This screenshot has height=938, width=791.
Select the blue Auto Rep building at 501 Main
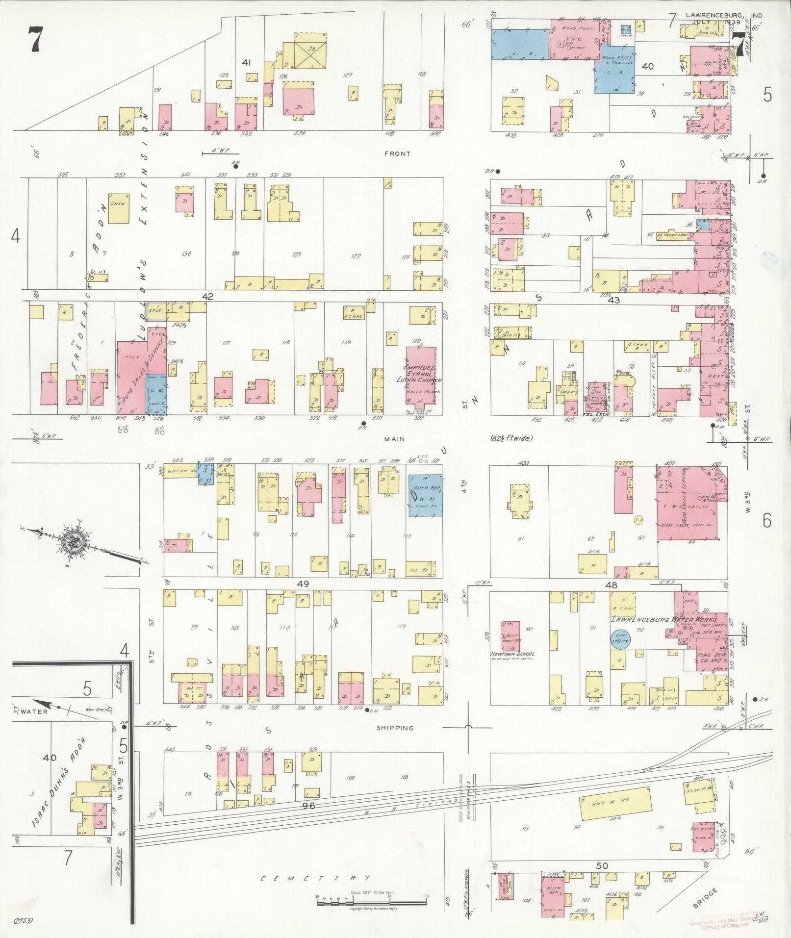pyautogui.click(x=425, y=494)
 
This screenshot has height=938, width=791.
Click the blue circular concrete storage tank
pyautogui.click(x=621, y=639)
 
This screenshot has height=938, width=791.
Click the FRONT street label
pyautogui.click(x=397, y=154)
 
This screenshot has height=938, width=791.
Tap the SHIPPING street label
pyautogui.click(x=395, y=728)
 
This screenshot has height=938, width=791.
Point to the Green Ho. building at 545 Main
pyautogui.click(x=180, y=471)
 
